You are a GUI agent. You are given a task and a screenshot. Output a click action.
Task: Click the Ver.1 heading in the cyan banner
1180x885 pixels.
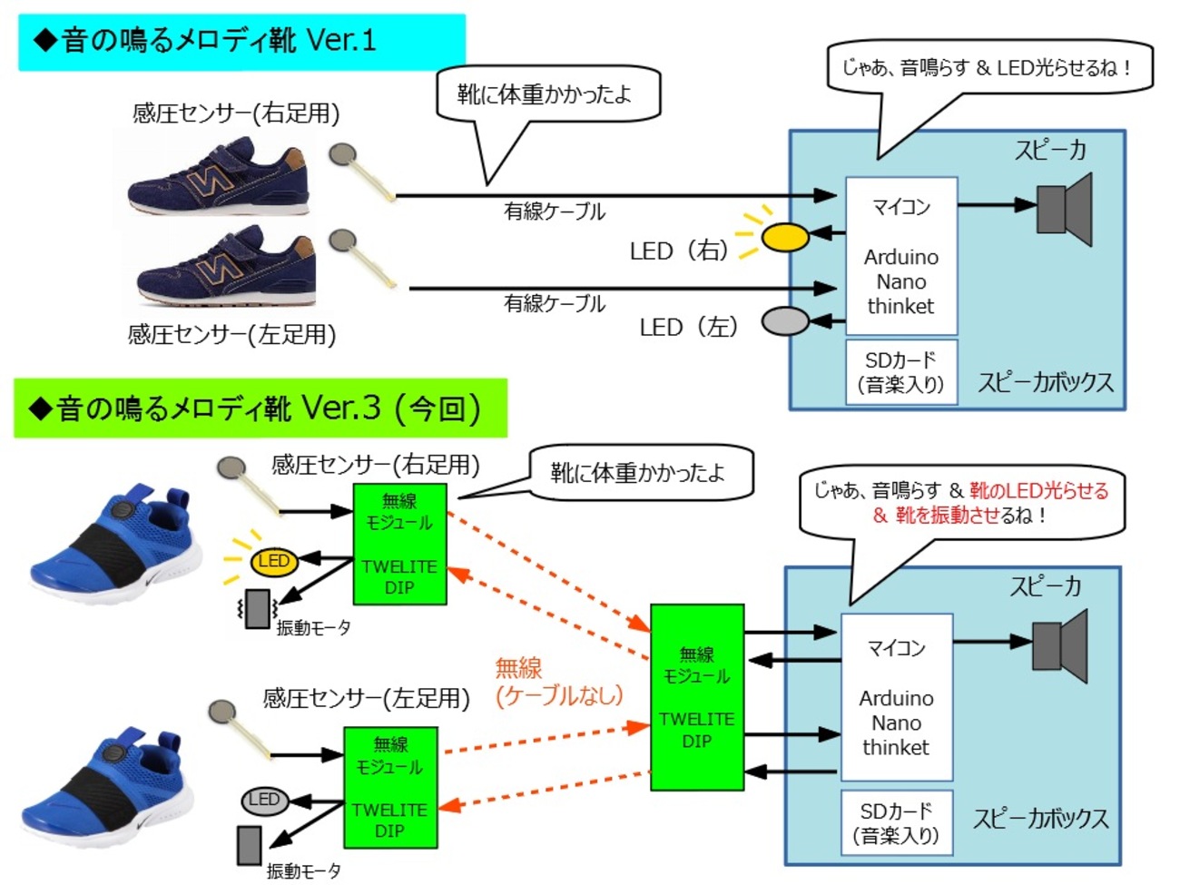coord(205,41)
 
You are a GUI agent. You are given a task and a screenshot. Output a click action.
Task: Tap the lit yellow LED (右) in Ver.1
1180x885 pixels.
coord(784,238)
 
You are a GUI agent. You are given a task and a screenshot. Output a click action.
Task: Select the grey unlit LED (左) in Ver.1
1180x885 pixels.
coord(784,320)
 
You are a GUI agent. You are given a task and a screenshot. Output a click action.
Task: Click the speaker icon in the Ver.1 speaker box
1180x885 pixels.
coord(1064,210)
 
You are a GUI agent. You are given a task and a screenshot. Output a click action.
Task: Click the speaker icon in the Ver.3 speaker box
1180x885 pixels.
coord(1059,646)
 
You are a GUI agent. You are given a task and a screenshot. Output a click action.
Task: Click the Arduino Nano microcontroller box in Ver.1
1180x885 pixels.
coord(901,257)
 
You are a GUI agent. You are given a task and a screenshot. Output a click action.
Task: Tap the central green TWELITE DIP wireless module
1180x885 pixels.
coord(697,697)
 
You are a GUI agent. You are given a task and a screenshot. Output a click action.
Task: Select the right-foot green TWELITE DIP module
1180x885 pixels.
coord(399,544)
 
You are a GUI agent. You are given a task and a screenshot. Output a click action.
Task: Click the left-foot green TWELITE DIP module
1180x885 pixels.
coord(390,787)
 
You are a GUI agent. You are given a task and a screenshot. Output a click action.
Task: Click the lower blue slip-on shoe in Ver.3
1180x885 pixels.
coord(109,785)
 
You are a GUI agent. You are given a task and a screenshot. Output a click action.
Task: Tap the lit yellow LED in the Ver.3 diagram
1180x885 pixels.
coord(273,562)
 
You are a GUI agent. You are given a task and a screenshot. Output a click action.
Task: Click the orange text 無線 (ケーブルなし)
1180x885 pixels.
coord(558,683)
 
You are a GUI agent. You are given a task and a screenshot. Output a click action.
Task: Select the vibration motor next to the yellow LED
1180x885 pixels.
coord(257,608)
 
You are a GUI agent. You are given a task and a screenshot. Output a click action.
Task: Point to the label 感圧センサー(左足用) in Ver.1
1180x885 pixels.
coord(231,335)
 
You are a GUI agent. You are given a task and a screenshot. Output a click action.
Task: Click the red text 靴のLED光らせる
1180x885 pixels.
coord(1038,491)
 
